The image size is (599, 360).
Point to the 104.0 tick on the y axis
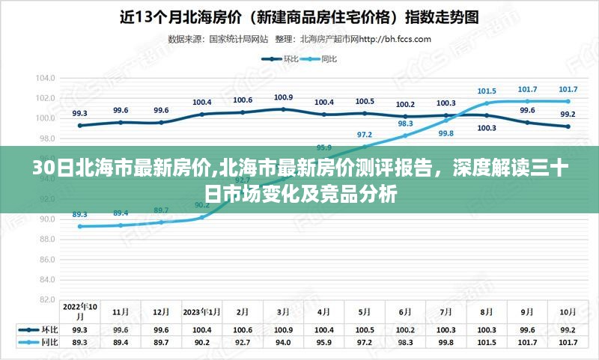coord(46,78)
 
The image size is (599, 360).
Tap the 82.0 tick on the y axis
coord(46,299)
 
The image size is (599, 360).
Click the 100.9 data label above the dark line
coord(283,97)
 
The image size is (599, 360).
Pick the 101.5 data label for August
coord(487,91)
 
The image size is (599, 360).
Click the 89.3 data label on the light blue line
coord(80,214)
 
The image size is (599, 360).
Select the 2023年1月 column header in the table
coord(202,311)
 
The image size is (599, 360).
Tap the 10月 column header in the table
coord(568,311)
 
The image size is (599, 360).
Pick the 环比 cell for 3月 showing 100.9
coord(283,330)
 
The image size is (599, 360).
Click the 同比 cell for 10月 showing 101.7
coord(568,342)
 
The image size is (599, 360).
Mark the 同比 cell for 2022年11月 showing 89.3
coord(80,342)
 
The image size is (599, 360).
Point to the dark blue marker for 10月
coord(568,126)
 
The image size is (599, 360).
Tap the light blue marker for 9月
coord(527,101)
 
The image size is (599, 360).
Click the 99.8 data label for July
coord(446,133)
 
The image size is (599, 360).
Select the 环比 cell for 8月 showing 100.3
coord(487,330)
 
